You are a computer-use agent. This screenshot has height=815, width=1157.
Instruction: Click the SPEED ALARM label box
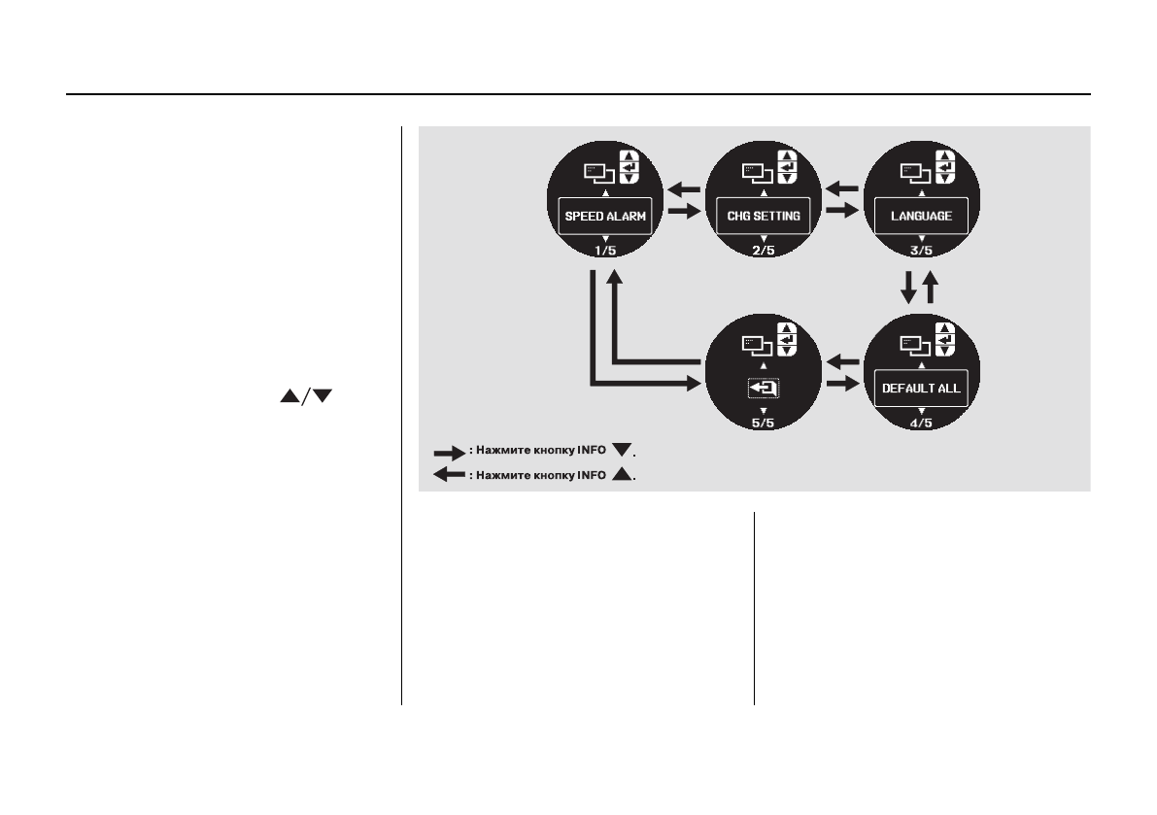(605, 216)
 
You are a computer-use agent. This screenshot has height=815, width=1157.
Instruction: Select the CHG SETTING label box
(764, 216)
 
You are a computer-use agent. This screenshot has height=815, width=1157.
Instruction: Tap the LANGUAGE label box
(922, 216)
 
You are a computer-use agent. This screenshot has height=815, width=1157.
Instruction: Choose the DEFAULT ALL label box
(922, 388)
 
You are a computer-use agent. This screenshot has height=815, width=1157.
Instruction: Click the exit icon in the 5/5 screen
(764, 389)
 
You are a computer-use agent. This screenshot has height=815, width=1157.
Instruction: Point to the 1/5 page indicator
(605, 251)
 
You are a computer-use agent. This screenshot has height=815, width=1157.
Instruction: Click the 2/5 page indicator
(764, 251)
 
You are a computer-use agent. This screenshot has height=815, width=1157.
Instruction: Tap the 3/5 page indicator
(922, 251)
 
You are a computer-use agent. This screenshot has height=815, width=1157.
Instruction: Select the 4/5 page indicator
(922, 423)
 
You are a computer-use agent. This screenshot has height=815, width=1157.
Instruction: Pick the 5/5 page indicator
(764, 423)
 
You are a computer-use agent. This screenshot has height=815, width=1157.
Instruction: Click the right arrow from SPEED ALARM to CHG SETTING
(685, 210)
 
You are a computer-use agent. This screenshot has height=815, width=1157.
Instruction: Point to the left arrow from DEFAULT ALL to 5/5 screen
(842, 362)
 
